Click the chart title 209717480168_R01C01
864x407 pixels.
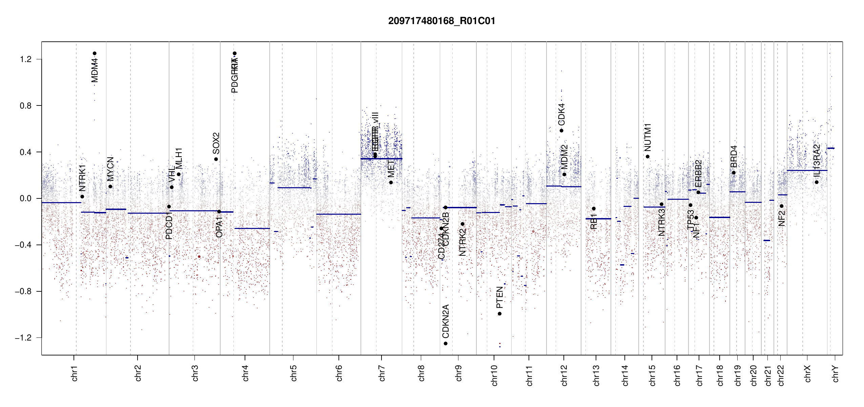(x=441, y=21)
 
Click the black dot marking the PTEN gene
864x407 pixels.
(x=499, y=314)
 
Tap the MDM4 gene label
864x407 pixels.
(x=95, y=70)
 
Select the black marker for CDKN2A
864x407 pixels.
(x=446, y=344)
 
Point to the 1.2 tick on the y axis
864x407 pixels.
(x=26, y=59)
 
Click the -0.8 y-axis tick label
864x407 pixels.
(x=23, y=291)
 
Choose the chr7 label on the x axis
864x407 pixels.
(x=382, y=373)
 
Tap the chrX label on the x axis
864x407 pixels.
(x=807, y=373)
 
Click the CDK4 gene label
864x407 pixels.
(x=561, y=114)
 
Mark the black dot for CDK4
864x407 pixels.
(x=561, y=131)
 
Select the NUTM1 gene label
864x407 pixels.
(x=647, y=137)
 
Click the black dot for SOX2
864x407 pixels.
(x=216, y=159)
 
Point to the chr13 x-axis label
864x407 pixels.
(x=596, y=375)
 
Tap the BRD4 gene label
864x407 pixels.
(x=734, y=156)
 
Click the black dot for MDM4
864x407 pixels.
(x=95, y=53)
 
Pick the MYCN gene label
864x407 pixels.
(x=110, y=169)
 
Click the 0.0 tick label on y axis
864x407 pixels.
(x=26, y=198)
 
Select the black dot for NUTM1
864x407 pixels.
(x=647, y=157)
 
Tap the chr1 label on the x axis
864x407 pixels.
(x=75, y=373)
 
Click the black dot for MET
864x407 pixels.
(x=391, y=182)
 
